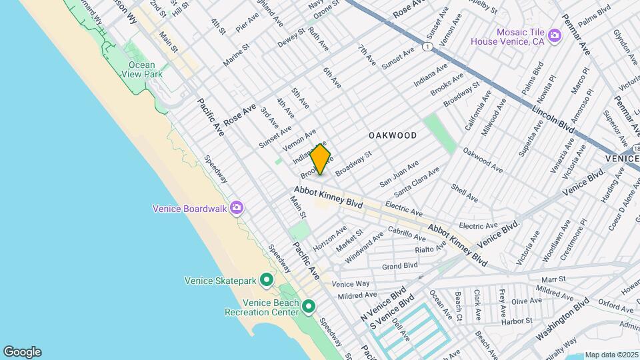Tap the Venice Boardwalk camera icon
(236, 208)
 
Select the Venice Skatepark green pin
(266, 280)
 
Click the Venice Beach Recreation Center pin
(309, 307)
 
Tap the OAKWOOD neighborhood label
(393, 135)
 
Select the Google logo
(22, 351)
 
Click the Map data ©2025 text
(611, 355)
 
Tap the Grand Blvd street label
(400, 266)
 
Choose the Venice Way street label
(351, 283)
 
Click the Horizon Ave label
(330, 238)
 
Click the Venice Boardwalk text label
(190, 208)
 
